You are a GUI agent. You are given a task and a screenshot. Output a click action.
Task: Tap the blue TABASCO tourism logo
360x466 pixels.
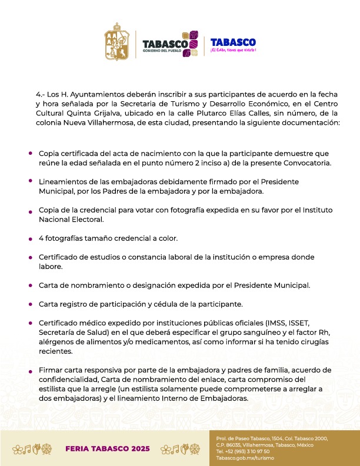point(233,44)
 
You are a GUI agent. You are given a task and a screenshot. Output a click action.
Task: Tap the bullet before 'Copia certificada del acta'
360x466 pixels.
point(30,152)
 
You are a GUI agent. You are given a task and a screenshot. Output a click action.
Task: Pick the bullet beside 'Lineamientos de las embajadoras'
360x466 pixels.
point(30,181)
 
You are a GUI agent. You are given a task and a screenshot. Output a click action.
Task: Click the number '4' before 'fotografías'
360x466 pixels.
point(41,238)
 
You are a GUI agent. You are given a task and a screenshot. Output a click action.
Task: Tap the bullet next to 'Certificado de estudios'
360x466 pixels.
point(30,258)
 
